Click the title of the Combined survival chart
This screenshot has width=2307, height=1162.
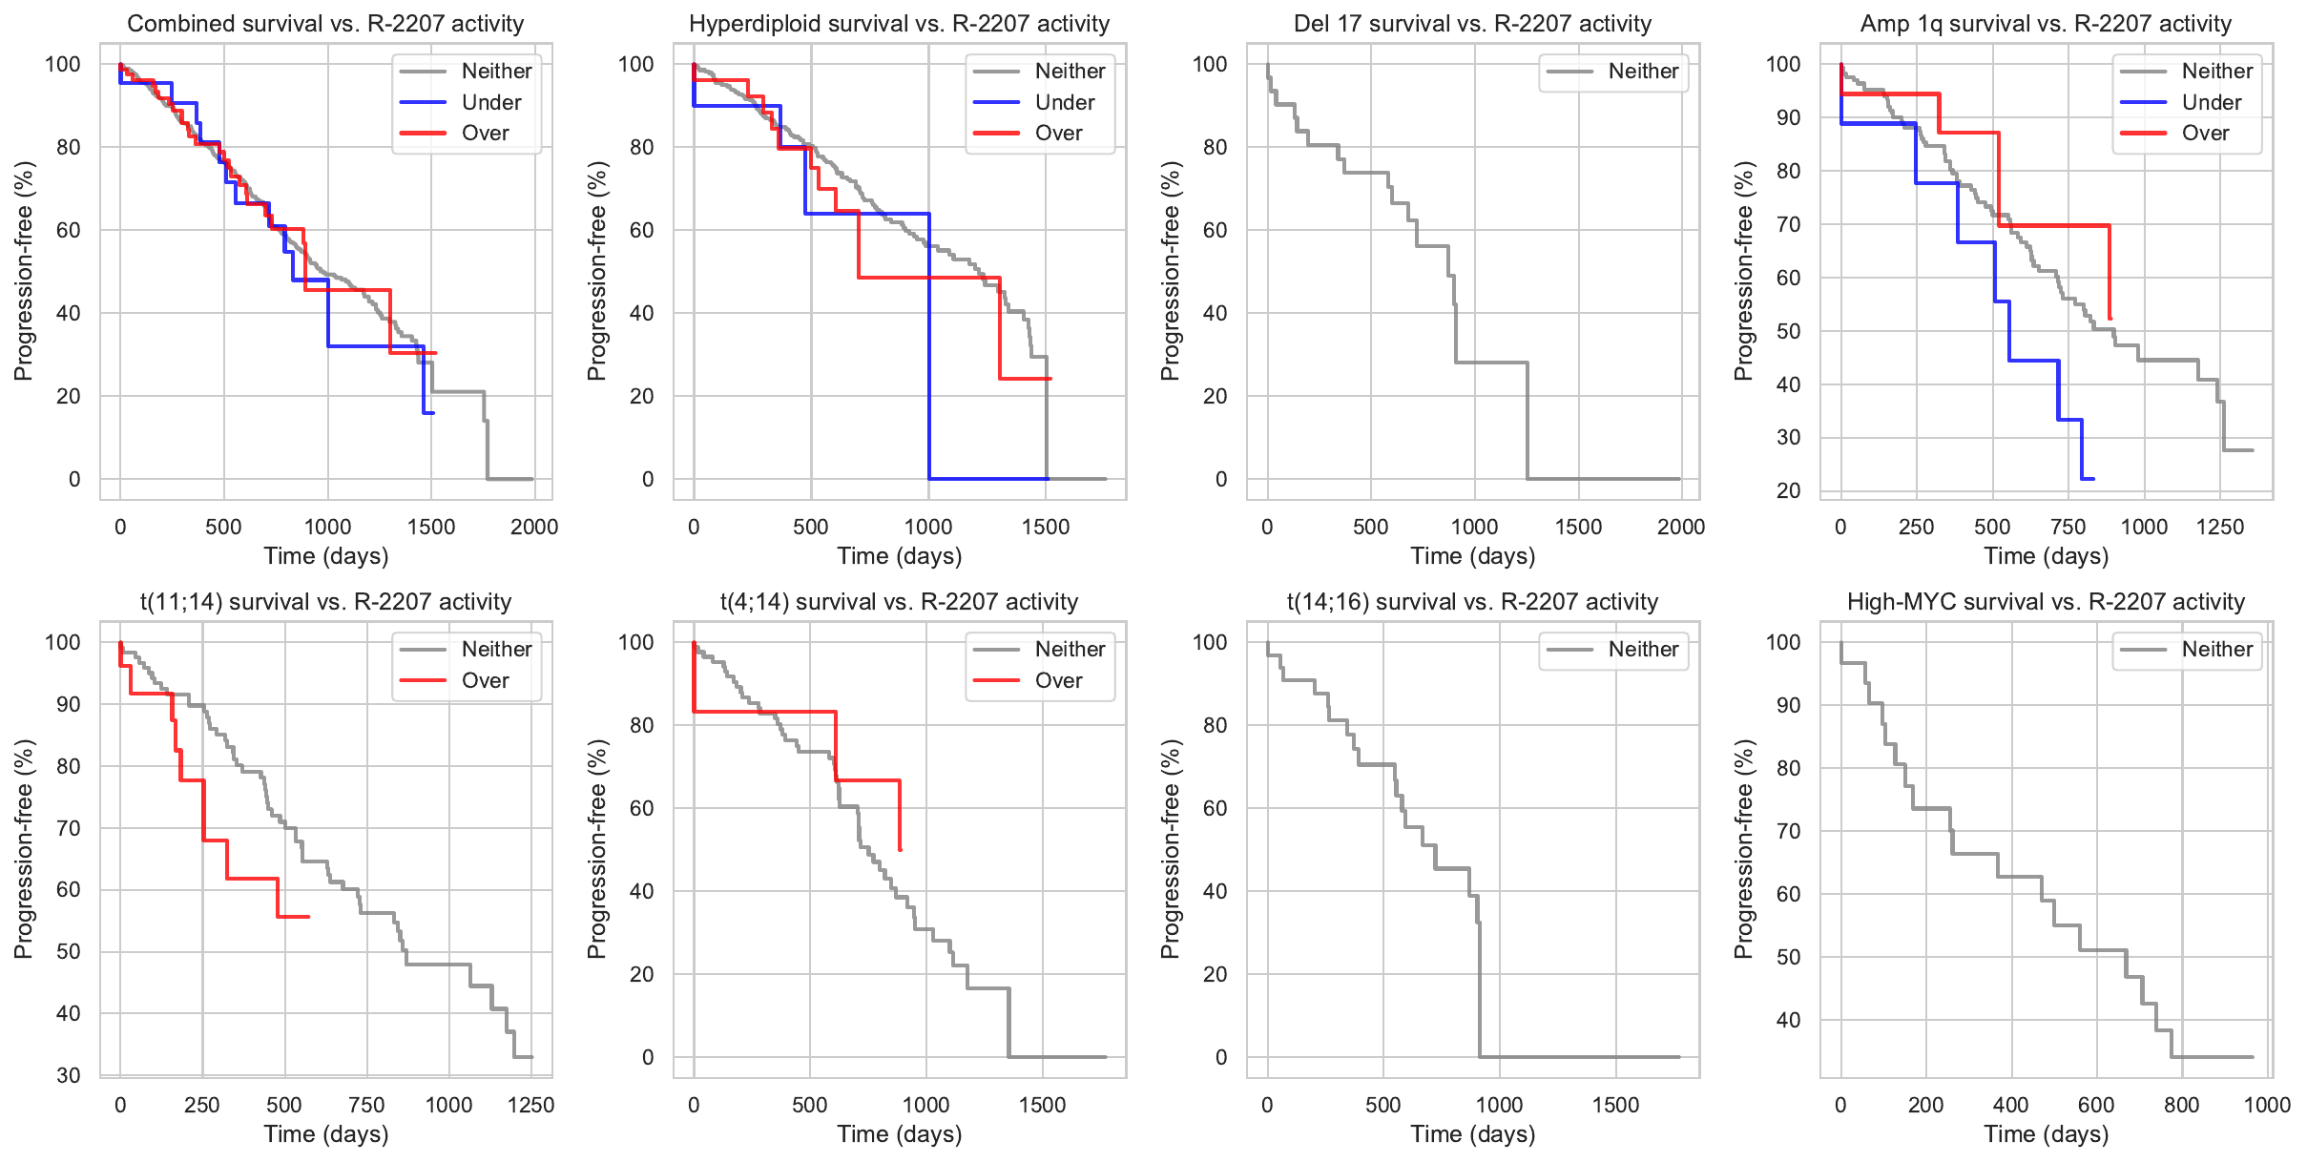pos(325,24)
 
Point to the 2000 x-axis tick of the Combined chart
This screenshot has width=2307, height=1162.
pos(534,527)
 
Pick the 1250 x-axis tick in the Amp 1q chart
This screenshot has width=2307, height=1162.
pos(2220,527)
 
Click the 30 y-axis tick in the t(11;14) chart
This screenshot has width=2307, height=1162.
pos(69,1075)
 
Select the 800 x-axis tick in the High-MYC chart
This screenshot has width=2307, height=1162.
pos(2182,1105)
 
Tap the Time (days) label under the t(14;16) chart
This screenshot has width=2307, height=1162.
pos(1472,1134)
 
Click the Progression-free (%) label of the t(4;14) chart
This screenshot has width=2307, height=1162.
pos(597,849)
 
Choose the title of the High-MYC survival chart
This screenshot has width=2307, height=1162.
pos(2046,602)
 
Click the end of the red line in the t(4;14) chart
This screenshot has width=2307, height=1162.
pos(900,849)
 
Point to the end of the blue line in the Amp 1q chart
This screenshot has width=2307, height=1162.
pos(2093,479)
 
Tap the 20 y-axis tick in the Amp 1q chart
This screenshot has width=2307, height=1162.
pos(1789,490)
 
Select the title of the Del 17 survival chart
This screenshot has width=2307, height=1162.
pos(1472,24)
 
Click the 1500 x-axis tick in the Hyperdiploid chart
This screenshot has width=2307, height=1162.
pos(1046,527)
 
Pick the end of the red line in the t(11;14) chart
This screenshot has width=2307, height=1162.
pos(308,917)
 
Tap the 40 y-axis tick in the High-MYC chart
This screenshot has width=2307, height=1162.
pos(1789,1020)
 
